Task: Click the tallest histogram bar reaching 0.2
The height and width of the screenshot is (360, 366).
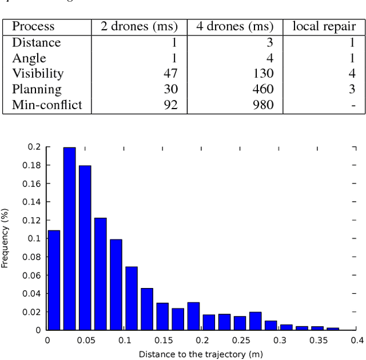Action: point(69,238)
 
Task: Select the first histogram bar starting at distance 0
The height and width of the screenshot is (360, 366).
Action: point(54,280)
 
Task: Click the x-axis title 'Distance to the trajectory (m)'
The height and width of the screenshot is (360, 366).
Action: point(201,354)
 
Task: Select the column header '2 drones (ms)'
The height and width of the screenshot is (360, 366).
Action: point(140,26)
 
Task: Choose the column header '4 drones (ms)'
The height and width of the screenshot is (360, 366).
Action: point(234,26)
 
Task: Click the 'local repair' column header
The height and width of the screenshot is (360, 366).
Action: point(324,26)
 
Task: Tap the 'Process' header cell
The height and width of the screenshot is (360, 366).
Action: point(33,26)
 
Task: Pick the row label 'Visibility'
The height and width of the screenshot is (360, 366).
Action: point(38,74)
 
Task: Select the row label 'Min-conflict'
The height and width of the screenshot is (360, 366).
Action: point(47,105)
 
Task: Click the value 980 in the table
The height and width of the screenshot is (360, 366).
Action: point(264,105)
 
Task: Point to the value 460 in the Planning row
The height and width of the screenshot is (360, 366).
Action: point(264,90)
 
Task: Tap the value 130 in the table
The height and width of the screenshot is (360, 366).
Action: point(264,74)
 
